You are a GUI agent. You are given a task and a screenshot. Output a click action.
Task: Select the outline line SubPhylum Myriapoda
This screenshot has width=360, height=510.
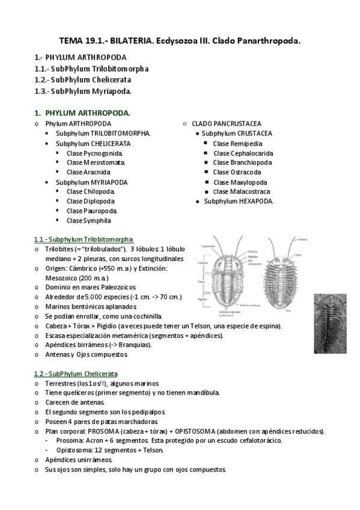83,91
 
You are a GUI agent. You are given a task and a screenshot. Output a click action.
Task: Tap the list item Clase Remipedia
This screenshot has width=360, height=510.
237,144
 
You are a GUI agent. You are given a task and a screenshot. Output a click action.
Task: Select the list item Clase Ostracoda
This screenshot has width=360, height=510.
237,173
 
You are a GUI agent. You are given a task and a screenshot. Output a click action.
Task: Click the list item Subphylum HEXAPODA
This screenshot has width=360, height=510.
239,201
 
